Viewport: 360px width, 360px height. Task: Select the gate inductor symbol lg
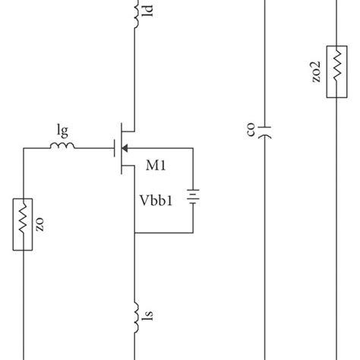tap(64, 147)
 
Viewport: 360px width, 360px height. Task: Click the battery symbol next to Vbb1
tap(195, 198)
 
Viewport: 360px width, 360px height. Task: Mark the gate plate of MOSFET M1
tap(113, 148)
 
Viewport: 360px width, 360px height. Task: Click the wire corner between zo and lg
tap(24, 148)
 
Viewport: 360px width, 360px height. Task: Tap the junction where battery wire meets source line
tap(135, 232)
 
